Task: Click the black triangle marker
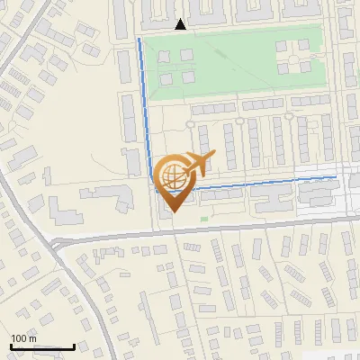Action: point(181,24)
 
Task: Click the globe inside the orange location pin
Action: point(172,176)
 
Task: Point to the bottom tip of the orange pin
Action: point(172,211)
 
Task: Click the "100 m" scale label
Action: point(24,338)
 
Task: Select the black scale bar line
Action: point(42,346)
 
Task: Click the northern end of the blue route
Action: point(139,40)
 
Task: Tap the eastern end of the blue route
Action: point(337,177)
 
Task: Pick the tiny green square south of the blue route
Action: point(204,218)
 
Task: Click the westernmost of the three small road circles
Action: point(190,123)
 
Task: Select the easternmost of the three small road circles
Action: point(290,116)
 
